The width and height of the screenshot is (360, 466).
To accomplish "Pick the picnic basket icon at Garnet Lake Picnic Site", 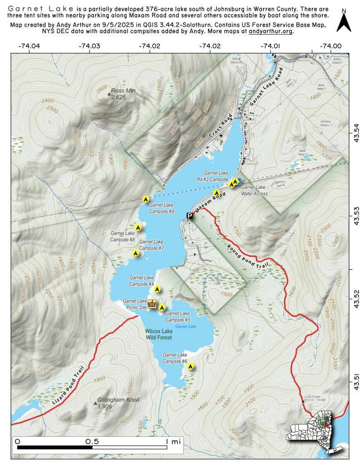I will click(x=152, y=304).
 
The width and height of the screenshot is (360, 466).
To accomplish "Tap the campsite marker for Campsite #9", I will click(x=146, y=198).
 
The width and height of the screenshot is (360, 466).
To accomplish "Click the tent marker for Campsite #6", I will click(x=191, y=365).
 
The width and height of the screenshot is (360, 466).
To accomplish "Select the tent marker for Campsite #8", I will click(x=138, y=227).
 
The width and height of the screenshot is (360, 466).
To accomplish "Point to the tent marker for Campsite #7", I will click(x=135, y=253).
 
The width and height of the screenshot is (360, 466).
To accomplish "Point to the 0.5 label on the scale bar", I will click(x=92, y=441).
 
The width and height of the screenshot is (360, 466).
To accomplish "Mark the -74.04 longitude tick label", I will click(x=29, y=46).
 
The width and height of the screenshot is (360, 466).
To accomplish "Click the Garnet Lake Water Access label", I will click(x=254, y=190).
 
